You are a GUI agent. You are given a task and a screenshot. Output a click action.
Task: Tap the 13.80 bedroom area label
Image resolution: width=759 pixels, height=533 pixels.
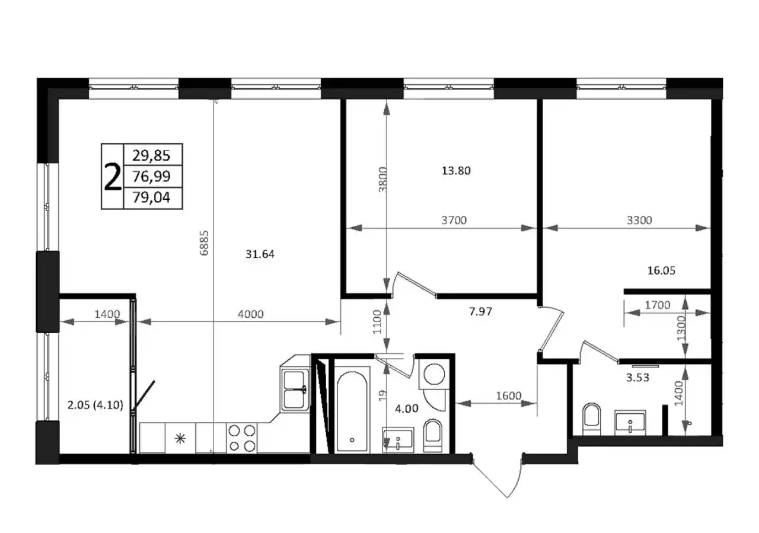[x=456, y=171]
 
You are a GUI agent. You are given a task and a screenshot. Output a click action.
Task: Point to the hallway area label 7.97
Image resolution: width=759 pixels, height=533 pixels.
[x=481, y=310]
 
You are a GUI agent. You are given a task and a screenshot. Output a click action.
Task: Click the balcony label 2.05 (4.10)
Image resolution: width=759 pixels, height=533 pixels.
[x=95, y=406]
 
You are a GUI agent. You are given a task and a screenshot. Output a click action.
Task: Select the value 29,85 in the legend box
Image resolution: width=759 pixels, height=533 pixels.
[x=151, y=156]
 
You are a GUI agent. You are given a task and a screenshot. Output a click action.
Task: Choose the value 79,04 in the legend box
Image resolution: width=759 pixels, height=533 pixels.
[x=151, y=198]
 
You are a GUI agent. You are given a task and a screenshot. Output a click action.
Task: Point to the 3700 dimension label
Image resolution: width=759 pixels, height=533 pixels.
[x=454, y=221]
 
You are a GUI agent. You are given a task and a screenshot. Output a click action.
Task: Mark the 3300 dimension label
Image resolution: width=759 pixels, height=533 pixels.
[x=639, y=221]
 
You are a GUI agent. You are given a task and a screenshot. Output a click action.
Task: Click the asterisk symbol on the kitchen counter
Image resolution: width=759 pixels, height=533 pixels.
[x=180, y=439]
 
